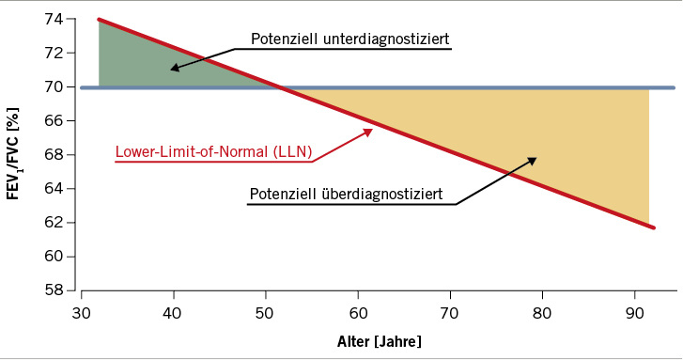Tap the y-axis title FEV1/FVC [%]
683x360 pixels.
point(18,154)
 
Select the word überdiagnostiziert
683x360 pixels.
point(385,195)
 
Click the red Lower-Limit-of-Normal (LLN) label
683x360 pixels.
point(213,151)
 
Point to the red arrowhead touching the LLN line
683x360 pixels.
point(369,131)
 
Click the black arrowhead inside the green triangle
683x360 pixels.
point(175,68)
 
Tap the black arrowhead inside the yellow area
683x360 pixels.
point(532,160)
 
